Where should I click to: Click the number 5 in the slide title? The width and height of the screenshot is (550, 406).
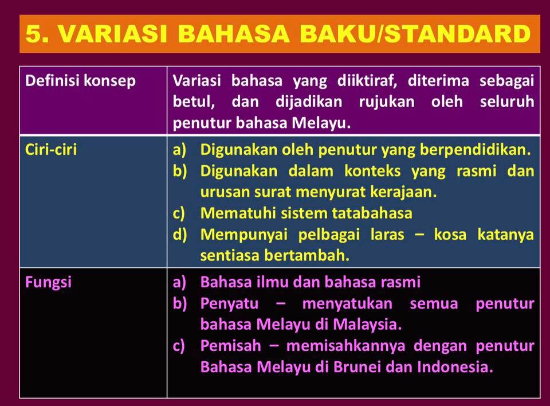(36, 34)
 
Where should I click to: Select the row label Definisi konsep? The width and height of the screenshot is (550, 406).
(81, 81)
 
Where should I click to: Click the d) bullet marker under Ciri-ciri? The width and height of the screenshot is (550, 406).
(180, 235)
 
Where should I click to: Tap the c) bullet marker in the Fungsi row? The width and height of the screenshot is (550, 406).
(180, 346)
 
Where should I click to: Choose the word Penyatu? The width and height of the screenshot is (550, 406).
(229, 303)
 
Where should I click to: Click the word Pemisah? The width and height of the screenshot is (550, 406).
(231, 346)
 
